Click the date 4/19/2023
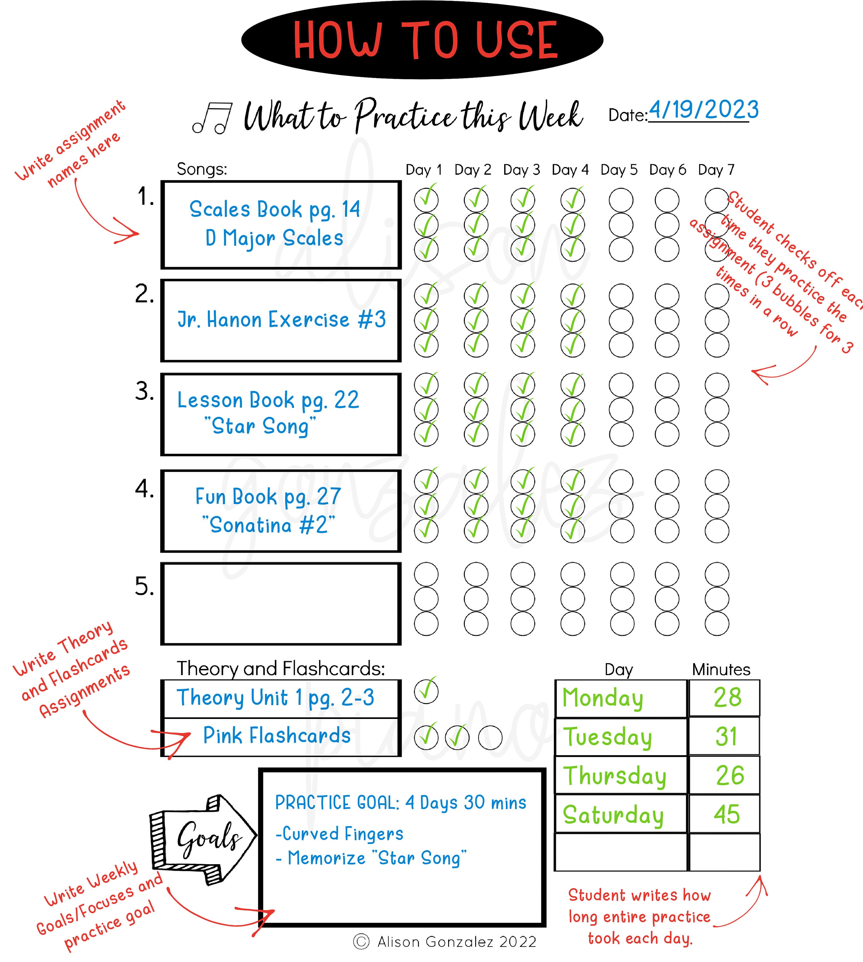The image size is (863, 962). click(x=703, y=110)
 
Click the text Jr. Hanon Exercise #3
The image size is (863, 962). click(x=281, y=319)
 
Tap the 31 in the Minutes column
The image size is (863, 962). click(x=726, y=737)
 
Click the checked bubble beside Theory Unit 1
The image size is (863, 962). click(x=426, y=691)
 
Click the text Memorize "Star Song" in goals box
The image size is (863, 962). click(x=371, y=858)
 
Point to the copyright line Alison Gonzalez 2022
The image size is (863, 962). click(x=444, y=941)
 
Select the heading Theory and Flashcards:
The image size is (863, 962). click(x=280, y=668)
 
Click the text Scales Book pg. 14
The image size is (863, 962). click(x=275, y=209)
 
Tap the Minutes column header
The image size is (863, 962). click(x=721, y=669)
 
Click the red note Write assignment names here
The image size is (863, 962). click(x=71, y=142)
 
